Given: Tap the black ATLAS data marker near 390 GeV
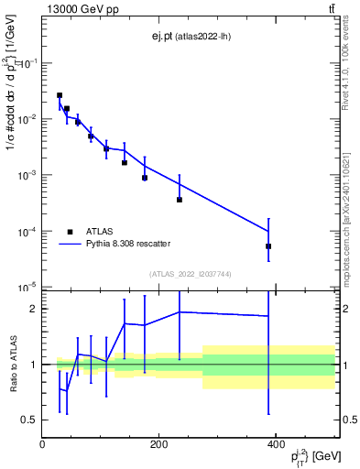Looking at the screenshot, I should tap(268, 246).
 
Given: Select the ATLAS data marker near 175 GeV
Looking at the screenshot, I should tap(145, 178).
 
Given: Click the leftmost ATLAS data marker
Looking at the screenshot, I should tap(60, 95).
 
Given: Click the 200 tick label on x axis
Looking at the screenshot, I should tap(158, 445).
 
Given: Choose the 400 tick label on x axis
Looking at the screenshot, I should tap(276, 445).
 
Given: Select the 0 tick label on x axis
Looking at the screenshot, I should tap(42, 445).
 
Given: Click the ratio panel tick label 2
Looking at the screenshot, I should tap(32, 309).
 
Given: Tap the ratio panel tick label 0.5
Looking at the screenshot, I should tap(28, 420).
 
